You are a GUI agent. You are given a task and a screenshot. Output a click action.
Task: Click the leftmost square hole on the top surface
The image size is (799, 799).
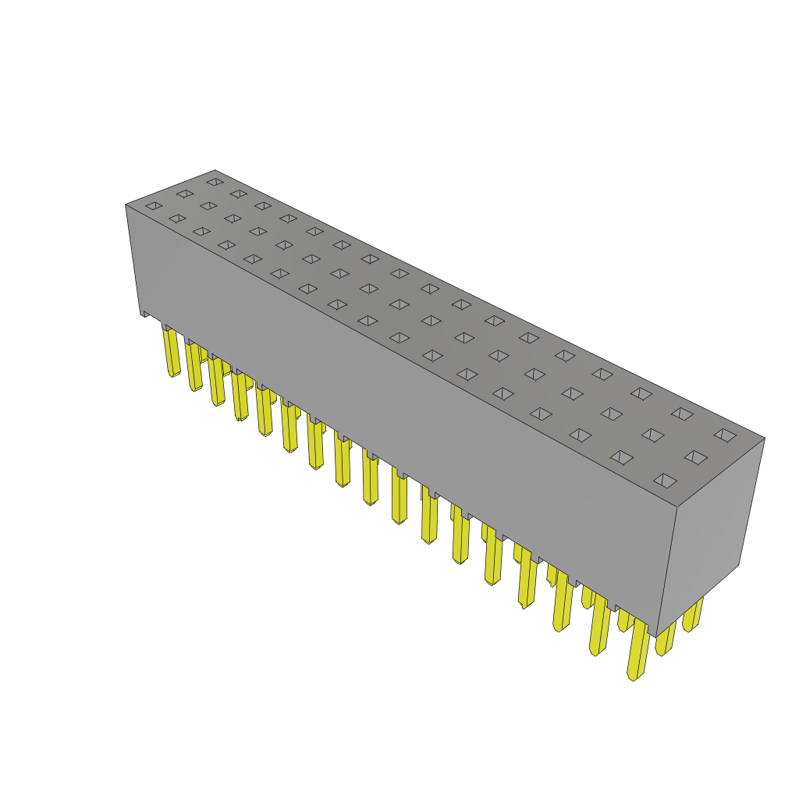click(x=154, y=206)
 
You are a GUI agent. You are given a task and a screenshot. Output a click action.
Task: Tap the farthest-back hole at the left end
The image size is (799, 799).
click(x=215, y=182)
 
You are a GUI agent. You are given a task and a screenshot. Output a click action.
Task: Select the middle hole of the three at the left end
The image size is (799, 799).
click(x=185, y=194)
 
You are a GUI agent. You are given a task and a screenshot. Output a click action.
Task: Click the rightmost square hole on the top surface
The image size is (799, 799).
click(x=725, y=435)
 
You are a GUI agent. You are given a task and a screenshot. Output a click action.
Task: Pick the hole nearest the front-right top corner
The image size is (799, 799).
click(x=665, y=481)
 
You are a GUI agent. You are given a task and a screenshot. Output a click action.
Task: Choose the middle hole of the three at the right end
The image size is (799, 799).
click(x=695, y=457)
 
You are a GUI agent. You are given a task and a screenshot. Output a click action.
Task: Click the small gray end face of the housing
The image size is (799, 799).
click(x=710, y=531)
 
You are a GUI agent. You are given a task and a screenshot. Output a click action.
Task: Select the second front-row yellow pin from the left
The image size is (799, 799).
click(x=194, y=367)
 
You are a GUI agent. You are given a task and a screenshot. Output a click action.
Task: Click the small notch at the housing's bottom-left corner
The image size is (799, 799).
click(x=145, y=314)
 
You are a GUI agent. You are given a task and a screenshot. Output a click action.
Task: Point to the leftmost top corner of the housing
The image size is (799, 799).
click(x=126, y=205)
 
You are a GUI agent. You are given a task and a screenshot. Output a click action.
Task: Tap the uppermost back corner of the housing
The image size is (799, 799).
click(x=215, y=171)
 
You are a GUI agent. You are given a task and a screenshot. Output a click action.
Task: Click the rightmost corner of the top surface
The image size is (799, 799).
click(x=764, y=439)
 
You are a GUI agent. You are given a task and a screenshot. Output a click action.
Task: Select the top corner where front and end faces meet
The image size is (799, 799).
click(x=677, y=507)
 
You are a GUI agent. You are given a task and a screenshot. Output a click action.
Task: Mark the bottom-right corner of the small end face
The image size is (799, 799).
click(x=738, y=565)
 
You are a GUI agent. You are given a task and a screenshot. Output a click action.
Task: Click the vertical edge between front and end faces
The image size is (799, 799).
click(x=667, y=570)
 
